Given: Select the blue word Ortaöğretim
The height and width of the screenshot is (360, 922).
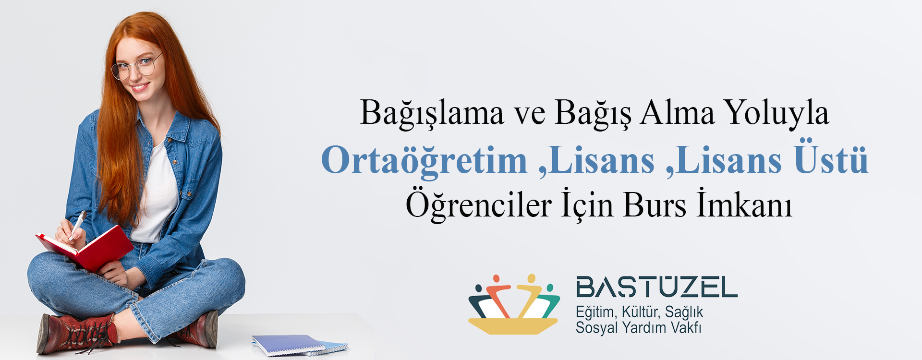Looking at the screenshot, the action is point(424,160).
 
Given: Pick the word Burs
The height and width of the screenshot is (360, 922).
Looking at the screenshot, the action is point(655,205).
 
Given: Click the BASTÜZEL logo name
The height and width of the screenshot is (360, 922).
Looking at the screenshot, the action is point(656,287).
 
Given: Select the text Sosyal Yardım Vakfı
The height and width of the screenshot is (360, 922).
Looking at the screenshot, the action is point(638,328).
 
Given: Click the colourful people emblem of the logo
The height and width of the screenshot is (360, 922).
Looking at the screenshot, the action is point(514,304).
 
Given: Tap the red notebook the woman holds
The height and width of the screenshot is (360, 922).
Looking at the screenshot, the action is point(85,249).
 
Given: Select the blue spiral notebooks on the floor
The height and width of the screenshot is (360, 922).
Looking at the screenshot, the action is point(300,346).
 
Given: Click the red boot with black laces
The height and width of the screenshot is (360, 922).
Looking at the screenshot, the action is point(77,334).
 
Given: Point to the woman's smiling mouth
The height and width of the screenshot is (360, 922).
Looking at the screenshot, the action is point(140,87).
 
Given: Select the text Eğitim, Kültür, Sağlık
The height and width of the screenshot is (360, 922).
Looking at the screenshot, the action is point(639,312).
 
